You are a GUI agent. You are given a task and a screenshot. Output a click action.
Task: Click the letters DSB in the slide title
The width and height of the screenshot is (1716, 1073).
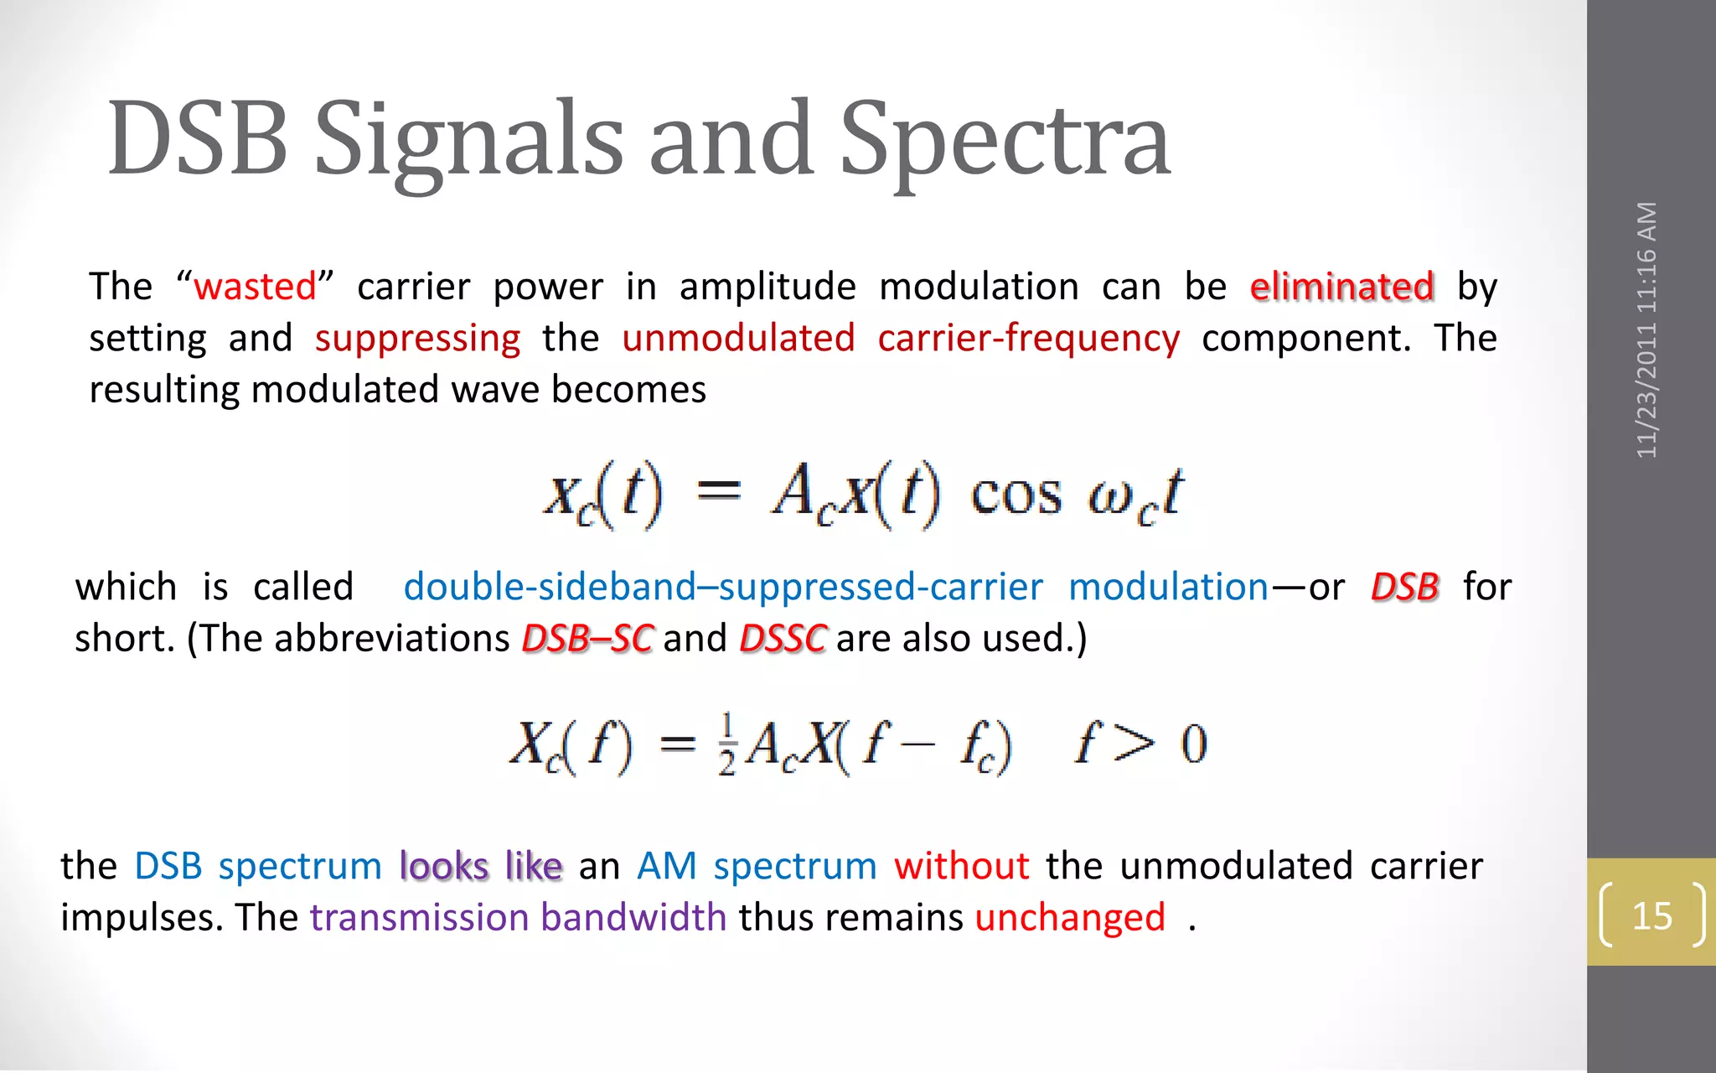click(x=198, y=139)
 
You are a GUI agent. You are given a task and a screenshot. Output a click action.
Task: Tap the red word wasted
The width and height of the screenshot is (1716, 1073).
click(x=255, y=287)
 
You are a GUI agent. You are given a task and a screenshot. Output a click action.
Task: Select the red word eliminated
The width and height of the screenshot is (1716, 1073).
click(x=1341, y=287)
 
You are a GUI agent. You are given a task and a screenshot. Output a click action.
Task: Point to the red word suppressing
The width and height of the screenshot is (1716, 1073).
click(x=417, y=339)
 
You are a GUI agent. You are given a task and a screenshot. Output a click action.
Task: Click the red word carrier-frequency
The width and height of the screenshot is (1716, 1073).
click(x=1028, y=339)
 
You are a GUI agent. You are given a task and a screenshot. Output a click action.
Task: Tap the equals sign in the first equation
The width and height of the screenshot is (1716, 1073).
click(x=719, y=490)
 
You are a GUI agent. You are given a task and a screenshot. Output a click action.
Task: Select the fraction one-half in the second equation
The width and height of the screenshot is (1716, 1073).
click(x=726, y=744)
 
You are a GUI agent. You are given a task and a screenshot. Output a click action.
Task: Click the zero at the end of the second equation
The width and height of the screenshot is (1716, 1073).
click(x=1193, y=744)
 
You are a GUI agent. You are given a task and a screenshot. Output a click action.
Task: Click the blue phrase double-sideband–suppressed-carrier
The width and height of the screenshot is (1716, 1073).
click(x=722, y=587)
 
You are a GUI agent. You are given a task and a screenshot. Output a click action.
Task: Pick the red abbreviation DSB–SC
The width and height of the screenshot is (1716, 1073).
click(x=587, y=639)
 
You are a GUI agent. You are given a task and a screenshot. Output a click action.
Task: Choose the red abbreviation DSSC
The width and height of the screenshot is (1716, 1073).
click(x=783, y=639)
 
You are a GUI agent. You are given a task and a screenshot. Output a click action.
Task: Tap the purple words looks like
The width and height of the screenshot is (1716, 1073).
click(x=480, y=866)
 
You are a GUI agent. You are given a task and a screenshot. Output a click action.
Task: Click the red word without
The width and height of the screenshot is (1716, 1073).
click(x=961, y=866)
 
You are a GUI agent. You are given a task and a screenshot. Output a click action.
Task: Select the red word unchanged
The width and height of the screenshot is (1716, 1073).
click(x=1070, y=918)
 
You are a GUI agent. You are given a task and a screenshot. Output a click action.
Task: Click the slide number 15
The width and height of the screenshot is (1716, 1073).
click(x=1651, y=915)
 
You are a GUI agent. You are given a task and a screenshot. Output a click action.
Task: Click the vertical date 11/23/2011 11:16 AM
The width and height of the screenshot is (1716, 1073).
click(x=1647, y=329)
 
